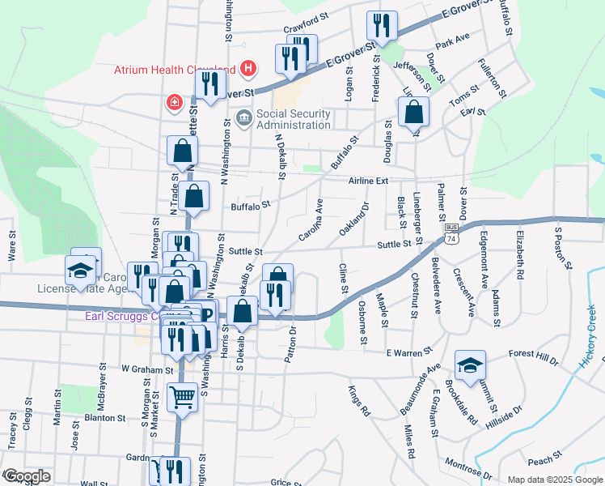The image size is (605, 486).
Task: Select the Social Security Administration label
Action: (x=294, y=119)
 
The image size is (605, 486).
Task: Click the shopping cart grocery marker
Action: (x=183, y=397)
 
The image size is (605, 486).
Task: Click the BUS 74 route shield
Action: (x=451, y=232)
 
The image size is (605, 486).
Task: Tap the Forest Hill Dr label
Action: (x=534, y=354)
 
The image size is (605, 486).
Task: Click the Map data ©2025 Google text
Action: (x=554, y=480)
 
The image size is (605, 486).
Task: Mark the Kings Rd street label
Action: (x=358, y=401)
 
